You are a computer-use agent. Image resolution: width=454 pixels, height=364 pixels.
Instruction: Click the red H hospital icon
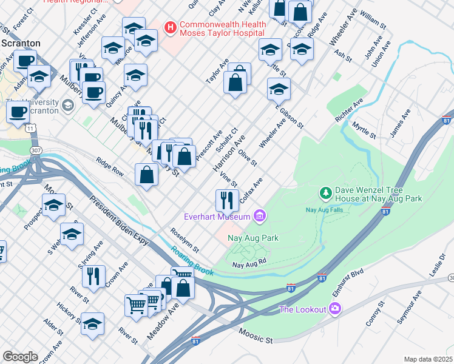(x=171, y=27)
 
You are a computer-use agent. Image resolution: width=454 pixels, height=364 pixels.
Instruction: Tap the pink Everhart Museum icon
(x=260, y=216)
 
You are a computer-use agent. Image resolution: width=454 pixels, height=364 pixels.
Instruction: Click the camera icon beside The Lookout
(x=334, y=309)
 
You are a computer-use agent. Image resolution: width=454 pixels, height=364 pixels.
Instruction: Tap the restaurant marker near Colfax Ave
(x=226, y=199)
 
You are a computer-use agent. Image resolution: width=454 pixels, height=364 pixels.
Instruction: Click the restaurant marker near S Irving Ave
(x=93, y=276)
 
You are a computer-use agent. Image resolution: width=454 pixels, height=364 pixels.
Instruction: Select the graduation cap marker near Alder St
(x=92, y=323)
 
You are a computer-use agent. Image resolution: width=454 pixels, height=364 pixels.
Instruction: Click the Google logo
(x=20, y=357)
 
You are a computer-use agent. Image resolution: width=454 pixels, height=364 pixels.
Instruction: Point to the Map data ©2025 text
(x=428, y=359)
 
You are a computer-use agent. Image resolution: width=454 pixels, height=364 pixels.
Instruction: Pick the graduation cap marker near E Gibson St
(x=279, y=89)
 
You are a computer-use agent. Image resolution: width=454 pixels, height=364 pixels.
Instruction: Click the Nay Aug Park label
(x=253, y=238)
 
